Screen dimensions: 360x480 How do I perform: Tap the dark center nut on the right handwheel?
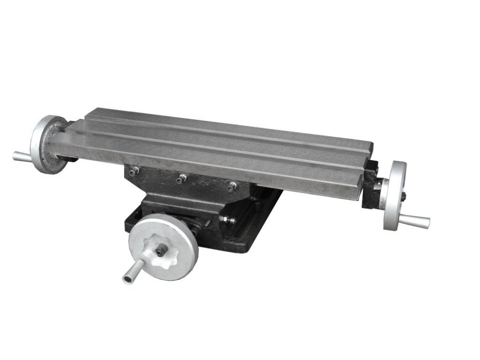pos(403,196)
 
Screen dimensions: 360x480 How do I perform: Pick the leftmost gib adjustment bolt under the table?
pos(134,170)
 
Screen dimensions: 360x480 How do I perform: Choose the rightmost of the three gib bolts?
pos(232,187)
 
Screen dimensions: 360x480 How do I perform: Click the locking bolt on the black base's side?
pos(226,220)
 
